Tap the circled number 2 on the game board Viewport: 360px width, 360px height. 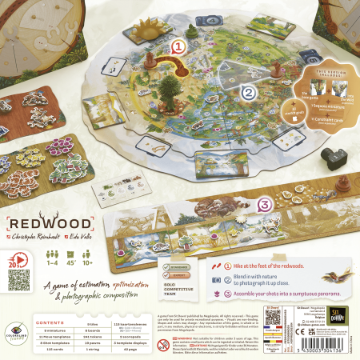249,93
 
